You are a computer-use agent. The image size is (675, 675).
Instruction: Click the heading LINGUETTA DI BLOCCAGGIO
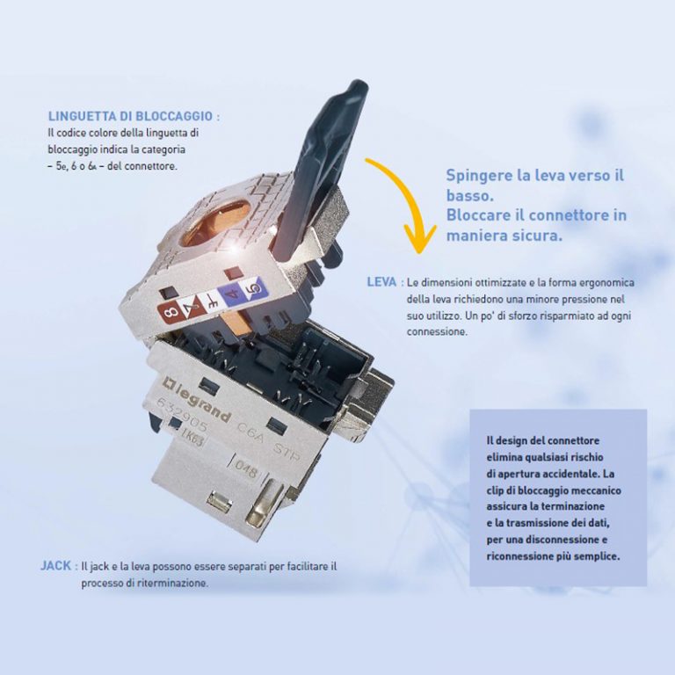(x=131, y=116)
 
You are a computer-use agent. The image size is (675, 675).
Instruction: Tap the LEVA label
(x=381, y=282)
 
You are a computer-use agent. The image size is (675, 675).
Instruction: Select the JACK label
(x=56, y=566)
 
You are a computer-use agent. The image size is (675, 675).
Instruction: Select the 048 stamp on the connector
(x=246, y=472)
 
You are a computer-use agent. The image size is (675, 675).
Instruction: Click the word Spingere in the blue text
(x=478, y=175)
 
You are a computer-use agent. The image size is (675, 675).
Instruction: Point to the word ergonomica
(x=601, y=282)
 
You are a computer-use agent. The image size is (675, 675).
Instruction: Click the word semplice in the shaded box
(x=595, y=556)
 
